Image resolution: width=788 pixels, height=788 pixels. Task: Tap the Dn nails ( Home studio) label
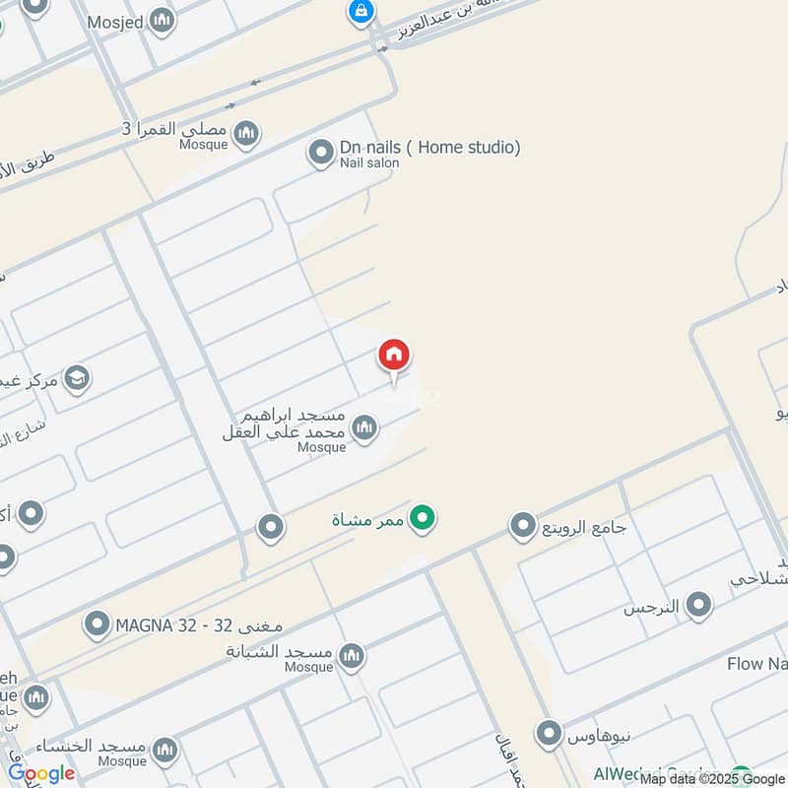pyautogui.click(x=429, y=148)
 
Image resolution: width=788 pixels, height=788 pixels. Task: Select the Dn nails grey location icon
pyautogui.click(x=320, y=153)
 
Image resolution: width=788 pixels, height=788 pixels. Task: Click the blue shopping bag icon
pyautogui.click(x=360, y=12)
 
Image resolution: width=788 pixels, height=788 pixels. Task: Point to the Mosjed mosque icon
pyautogui.click(x=163, y=20)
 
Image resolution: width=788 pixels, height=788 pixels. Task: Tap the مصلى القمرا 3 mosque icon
pyautogui.click(x=245, y=132)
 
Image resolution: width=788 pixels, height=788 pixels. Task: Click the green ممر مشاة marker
pyautogui.click(x=423, y=517)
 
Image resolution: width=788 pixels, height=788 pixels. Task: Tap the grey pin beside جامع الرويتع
pyautogui.click(x=522, y=527)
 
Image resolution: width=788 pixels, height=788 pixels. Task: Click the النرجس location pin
pyautogui.click(x=699, y=606)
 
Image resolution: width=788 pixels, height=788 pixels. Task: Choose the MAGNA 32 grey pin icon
pyautogui.click(x=97, y=624)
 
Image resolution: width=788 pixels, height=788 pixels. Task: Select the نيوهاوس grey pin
pyautogui.click(x=549, y=734)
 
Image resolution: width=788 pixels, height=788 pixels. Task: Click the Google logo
pyautogui.click(x=41, y=773)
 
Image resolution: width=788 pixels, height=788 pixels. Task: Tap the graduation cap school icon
pyautogui.click(x=76, y=377)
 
